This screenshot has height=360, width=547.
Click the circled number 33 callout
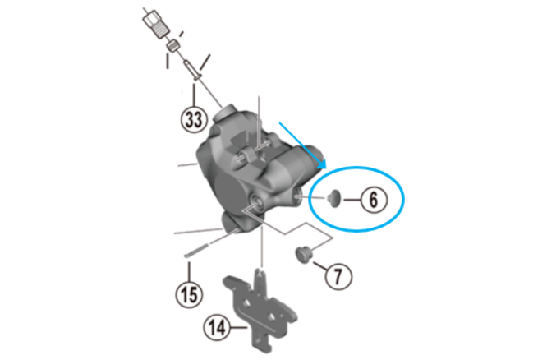pyautogui.click(x=194, y=119)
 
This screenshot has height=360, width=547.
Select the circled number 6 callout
pyautogui.click(x=374, y=200)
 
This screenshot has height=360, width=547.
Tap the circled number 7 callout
pyautogui.click(x=338, y=276)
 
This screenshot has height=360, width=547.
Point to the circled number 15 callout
pyautogui.click(x=189, y=294)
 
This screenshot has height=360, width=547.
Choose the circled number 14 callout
pyautogui.click(x=217, y=327)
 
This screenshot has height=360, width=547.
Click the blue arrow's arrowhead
pyautogui.click(x=322, y=164)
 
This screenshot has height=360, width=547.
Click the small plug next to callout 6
pyautogui.click(x=333, y=199)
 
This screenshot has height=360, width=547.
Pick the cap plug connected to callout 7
pyautogui.click(x=303, y=255)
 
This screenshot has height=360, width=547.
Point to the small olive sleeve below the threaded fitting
pyautogui.click(x=173, y=46)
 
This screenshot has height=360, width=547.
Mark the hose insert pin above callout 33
pyautogui.click(x=192, y=70)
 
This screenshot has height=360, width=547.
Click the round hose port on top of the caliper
pyautogui.click(x=227, y=113)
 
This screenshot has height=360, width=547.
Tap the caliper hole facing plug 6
pyautogui.click(x=298, y=196)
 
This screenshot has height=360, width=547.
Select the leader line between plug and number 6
pyautogui.click(x=352, y=200)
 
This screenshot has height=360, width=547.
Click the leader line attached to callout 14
pyautogui.click(x=239, y=327)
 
